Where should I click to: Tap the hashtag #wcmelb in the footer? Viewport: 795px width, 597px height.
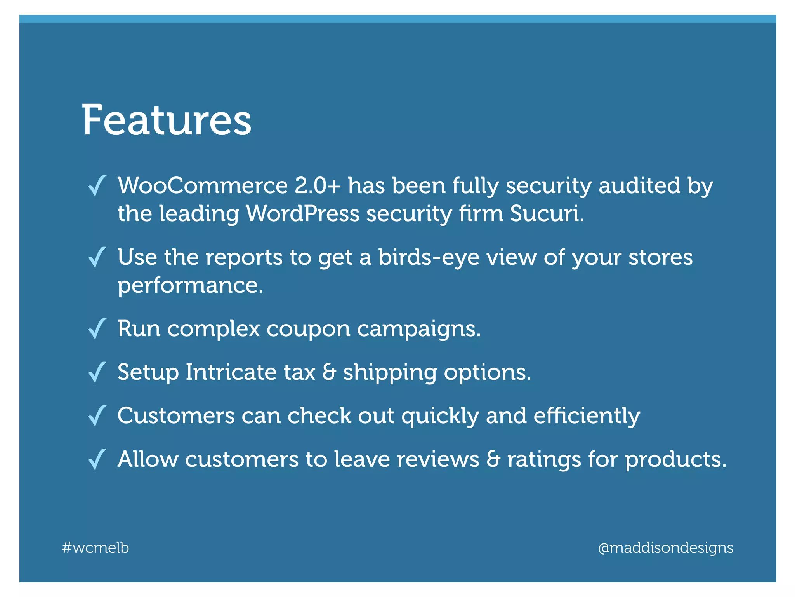95,548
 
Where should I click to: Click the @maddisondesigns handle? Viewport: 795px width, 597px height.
665,548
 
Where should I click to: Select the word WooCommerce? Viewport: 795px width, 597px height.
203,185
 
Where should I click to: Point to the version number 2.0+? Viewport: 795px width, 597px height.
318,185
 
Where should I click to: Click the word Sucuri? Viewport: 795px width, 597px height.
547,213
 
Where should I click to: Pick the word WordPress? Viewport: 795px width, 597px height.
303,213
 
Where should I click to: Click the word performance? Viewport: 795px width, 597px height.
190,286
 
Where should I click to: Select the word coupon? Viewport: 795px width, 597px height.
308,329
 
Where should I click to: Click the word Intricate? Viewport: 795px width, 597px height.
231,372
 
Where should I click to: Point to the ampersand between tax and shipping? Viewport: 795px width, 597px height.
329,372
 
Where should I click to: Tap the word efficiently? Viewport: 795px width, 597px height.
587,416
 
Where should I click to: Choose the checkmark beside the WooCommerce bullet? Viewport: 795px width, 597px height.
97,186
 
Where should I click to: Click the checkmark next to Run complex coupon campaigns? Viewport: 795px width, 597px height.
97,329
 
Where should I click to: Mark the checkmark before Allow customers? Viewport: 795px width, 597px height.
97,459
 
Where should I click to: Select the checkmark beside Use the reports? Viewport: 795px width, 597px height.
97,257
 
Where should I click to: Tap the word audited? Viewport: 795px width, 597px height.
640,185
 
